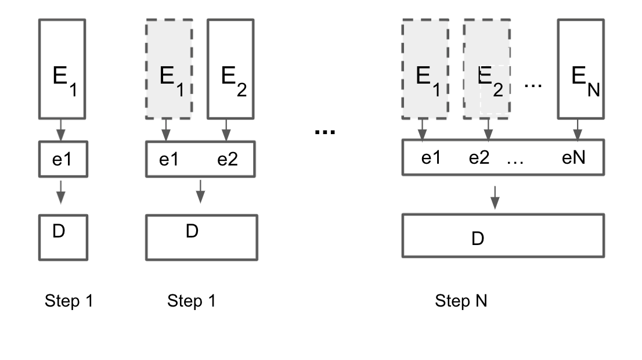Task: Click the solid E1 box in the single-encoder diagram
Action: click(x=62, y=69)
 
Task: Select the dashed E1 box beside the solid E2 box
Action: click(x=169, y=69)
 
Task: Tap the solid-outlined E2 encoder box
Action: click(x=230, y=69)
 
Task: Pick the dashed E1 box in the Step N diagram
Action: click(x=425, y=69)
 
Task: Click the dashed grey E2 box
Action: click(x=487, y=69)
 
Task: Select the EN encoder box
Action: click(x=580, y=69)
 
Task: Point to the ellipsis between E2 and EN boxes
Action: click(x=533, y=85)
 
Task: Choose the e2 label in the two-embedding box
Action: click(x=228, y=159)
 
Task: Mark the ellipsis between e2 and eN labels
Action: click(x=515, y=161)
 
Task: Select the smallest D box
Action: click(x=62, y=237)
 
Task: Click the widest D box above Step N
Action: click(x=503, y=236)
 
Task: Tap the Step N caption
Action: click(x=461, y=301)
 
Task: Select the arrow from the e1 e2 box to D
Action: click(x=200, y=191)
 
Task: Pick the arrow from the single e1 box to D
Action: click(x=60, y=191)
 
